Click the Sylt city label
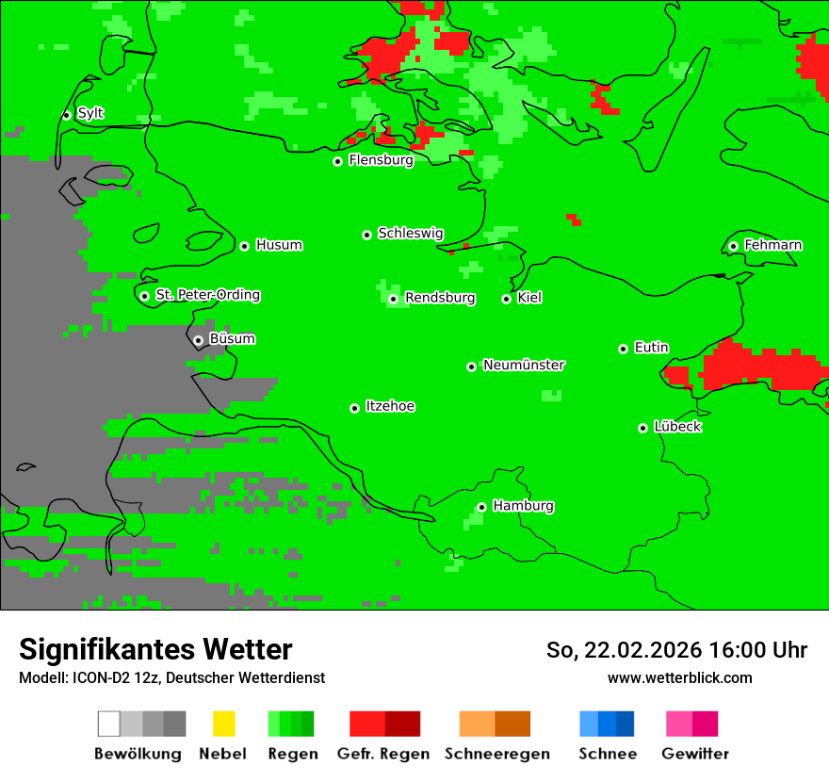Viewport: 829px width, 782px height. [x=90, y=114]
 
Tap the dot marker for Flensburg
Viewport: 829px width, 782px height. [x=337, y=161]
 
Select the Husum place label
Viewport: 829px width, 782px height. [x=279, y=246]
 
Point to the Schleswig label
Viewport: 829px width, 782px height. [x=410, y=234]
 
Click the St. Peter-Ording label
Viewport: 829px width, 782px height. [x=207, y=296]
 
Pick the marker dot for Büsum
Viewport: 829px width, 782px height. [x=198, y=340]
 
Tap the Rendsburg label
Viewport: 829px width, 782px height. [x=440, y=299]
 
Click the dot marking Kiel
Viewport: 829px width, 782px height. [x=506, y=299]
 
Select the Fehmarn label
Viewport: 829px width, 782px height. [x=772, y=246]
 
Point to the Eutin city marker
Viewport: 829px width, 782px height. [x=623, y=349]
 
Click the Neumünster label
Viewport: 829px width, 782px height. [x=524, y=366]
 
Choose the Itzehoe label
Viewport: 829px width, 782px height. [x=390, y=407]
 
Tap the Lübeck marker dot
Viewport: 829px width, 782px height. [x=642, y=428]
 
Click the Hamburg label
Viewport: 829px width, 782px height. [x=523, y=507]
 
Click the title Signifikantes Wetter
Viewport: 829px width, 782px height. [x=155, y=649]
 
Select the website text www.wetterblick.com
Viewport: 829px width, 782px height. [x=679, y=678]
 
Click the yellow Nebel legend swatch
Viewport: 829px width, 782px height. [x=223, y=724]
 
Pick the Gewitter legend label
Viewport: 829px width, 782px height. [x=695, y=754]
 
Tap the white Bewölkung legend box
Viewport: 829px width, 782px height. [x=109, y=724]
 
